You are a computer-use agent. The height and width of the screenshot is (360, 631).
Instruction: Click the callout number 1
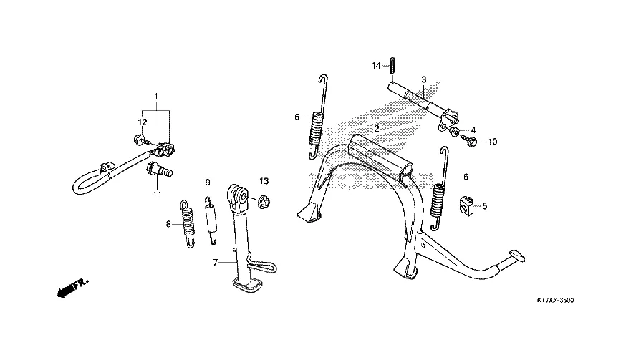tap(155, 96)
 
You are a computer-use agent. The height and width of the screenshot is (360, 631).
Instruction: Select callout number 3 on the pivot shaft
tap(423, 79)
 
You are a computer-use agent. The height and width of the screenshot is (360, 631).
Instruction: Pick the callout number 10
tap(491, 142)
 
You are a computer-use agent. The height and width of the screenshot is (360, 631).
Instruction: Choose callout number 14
tap(375, 66)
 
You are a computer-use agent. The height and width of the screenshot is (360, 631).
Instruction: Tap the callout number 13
tap(264, 180)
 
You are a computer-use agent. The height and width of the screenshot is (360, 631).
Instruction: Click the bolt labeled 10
tap(471, 142)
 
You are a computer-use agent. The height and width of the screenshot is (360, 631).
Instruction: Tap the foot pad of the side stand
tap(246, 288)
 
